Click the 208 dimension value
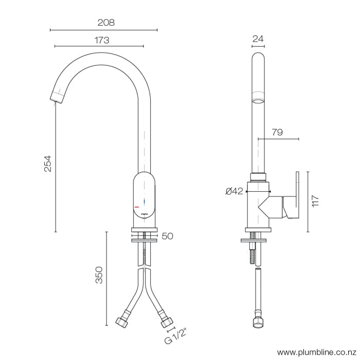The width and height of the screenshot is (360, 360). coord(105,23)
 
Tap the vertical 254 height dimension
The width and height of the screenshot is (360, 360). coord(48,163)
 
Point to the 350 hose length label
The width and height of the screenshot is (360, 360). coord(100,275)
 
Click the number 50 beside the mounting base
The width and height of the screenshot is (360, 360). coord(168,237)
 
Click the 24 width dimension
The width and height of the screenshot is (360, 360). coord(259,38)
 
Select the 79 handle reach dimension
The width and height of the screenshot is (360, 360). coord(277,132)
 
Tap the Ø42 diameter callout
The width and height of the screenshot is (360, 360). coord(234,191)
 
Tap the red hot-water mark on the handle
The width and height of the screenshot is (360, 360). coord(137,205)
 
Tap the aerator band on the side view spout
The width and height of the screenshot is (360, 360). coord(259,97)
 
